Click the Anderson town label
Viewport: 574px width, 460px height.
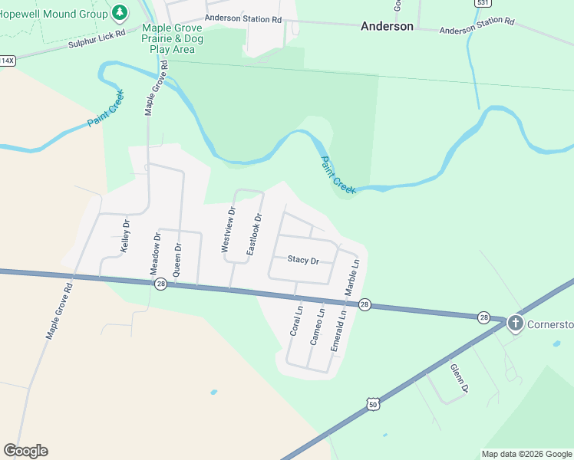click(387, 26)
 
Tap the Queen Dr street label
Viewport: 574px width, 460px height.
click(177, 259)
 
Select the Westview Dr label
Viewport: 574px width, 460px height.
click(228, 230)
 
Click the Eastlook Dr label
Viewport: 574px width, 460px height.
click(254, 235)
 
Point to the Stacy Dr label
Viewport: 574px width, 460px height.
click(303, 260)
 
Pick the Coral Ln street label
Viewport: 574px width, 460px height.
click(297, 322)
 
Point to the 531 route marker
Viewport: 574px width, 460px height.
click(481, 3)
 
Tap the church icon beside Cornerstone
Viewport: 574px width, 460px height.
click(515, 324)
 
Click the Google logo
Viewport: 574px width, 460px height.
click(25, 451)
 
